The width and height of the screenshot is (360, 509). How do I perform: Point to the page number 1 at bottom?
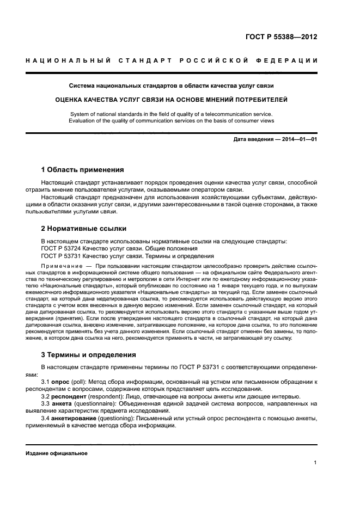click(315, 463)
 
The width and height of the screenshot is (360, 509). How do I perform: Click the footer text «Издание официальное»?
click(57, 453)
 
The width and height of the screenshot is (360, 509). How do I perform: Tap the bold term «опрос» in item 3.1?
click(62, 382)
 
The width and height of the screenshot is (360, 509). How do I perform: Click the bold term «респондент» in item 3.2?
click(70, 397)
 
